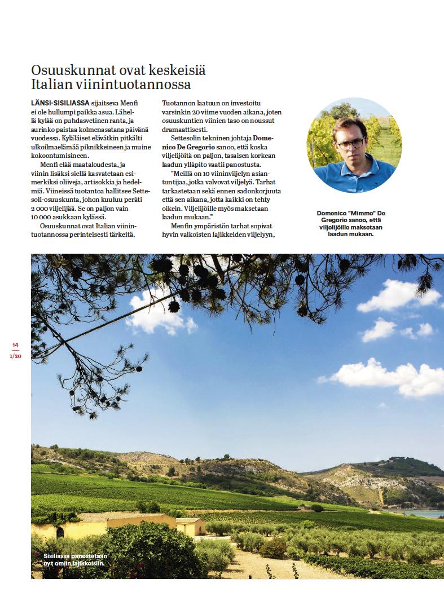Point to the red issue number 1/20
tap(16, 356)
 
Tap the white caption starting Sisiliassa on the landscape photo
tap(74, 559)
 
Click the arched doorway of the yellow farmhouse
tap(60, 532)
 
